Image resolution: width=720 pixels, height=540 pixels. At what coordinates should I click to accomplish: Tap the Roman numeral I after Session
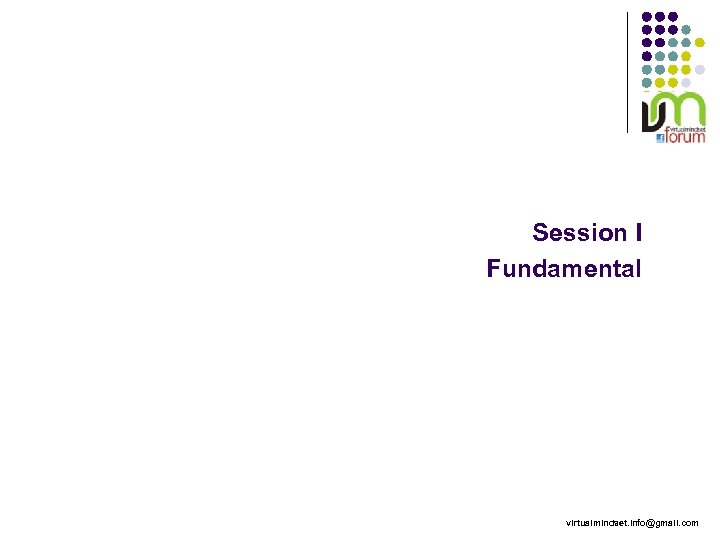coord(637,233)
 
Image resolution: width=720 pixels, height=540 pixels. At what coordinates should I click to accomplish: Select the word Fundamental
coord(564,269)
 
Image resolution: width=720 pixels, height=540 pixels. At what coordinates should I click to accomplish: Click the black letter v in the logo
coord(652,113)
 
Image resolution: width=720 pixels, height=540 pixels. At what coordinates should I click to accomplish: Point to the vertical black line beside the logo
coord(627,70)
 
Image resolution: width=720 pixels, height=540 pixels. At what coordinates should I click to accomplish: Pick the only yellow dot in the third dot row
coord(700,42)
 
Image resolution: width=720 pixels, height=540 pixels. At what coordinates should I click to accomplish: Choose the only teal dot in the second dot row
coord(686,28)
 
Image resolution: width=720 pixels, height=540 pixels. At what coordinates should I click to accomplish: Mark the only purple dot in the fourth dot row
coord(646,55)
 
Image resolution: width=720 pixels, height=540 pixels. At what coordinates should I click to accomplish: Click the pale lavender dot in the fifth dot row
coord(700,68)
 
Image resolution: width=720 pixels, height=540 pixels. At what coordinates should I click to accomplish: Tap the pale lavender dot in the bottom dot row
coord(686,81)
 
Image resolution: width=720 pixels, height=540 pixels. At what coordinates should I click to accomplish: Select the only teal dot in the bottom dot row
coord(646,81)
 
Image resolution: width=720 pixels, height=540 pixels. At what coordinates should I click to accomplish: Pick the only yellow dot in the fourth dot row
coord(686,55)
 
